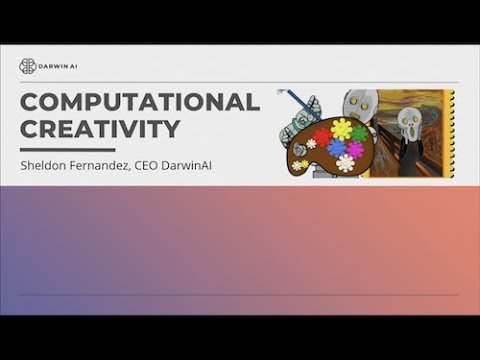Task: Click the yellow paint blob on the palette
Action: (x=343, y=129)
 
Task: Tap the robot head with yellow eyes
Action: (x=357, y=102)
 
